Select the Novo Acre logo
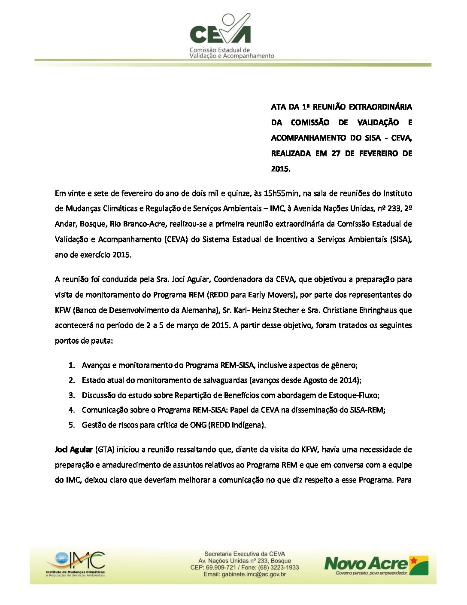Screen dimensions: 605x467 coord(376,565)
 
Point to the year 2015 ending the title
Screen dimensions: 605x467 coord(280,169)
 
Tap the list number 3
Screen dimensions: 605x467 coord(72,395)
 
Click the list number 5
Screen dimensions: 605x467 coord(72,425)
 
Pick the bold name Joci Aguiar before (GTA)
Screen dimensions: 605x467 coord(73,449)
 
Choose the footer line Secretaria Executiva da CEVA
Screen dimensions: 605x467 coord(245,554)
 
